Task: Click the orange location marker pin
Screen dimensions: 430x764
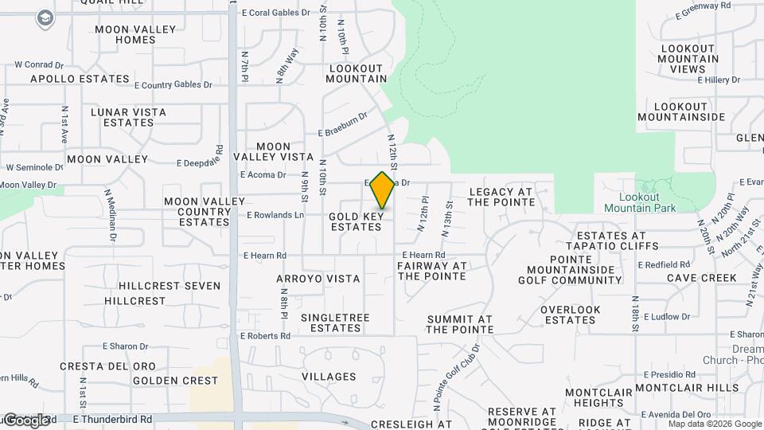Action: pos(383,190)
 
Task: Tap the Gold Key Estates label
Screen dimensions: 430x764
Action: pos(356,221)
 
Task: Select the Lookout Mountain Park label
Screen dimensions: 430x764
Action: pos(640,202)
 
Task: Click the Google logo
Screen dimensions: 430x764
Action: pos(26,420)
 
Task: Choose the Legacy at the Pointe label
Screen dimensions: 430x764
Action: pos(501,197)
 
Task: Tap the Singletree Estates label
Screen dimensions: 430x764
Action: pos(335,322)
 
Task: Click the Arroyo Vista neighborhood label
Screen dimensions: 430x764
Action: pos(318,279)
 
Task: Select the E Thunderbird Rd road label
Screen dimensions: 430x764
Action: pos(112,419)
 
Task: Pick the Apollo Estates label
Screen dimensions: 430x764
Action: pos(80,79)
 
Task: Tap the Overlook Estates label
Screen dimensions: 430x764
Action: pos(570,315)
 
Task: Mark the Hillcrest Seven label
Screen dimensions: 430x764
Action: pos(164,285)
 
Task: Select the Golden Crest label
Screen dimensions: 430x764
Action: pos(175,381)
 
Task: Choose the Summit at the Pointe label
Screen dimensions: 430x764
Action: pos(460,323)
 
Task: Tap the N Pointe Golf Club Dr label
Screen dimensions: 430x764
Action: pos(457,377)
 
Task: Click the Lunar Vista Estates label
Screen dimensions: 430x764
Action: pos(128,117)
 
